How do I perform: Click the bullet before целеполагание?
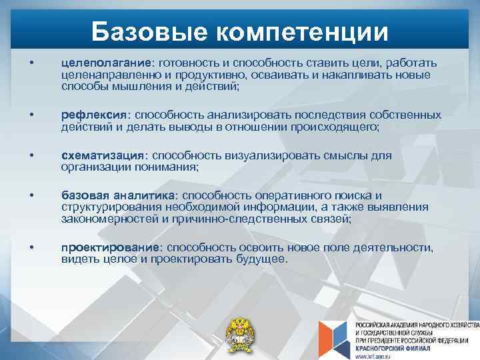point(32,63)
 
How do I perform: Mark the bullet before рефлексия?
point(32,115)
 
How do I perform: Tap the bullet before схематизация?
point(32,155)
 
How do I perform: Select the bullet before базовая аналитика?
point(32,195)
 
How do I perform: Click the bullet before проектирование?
point(32,247)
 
